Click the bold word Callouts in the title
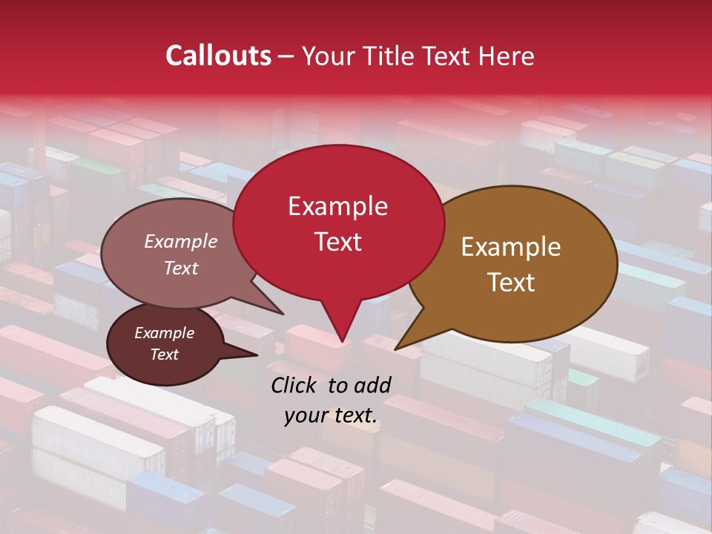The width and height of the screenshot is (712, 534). [218, 56]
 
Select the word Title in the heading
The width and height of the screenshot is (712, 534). [392, 56]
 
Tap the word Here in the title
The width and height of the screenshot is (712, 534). [507, 56]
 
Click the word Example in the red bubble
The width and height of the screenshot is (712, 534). [337, 206]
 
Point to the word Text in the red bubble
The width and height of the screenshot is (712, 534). [337, 242]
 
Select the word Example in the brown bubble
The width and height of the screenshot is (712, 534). [511, 247]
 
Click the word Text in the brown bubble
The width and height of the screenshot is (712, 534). [511, 282]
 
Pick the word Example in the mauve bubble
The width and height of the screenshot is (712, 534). [180, 241]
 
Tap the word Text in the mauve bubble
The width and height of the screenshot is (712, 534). [180, 268]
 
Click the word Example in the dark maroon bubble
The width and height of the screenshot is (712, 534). [164, 333]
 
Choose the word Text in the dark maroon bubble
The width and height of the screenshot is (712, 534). [164, 355]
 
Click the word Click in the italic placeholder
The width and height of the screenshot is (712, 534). [295, 385]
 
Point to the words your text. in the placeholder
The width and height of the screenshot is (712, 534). [331, 415]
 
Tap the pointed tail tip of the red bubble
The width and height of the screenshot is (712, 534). [342, 342]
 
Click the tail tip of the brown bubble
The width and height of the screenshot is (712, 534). [395, 349]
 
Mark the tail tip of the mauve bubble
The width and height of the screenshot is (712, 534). [283, 314]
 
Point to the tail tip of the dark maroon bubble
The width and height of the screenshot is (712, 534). [257, 355]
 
